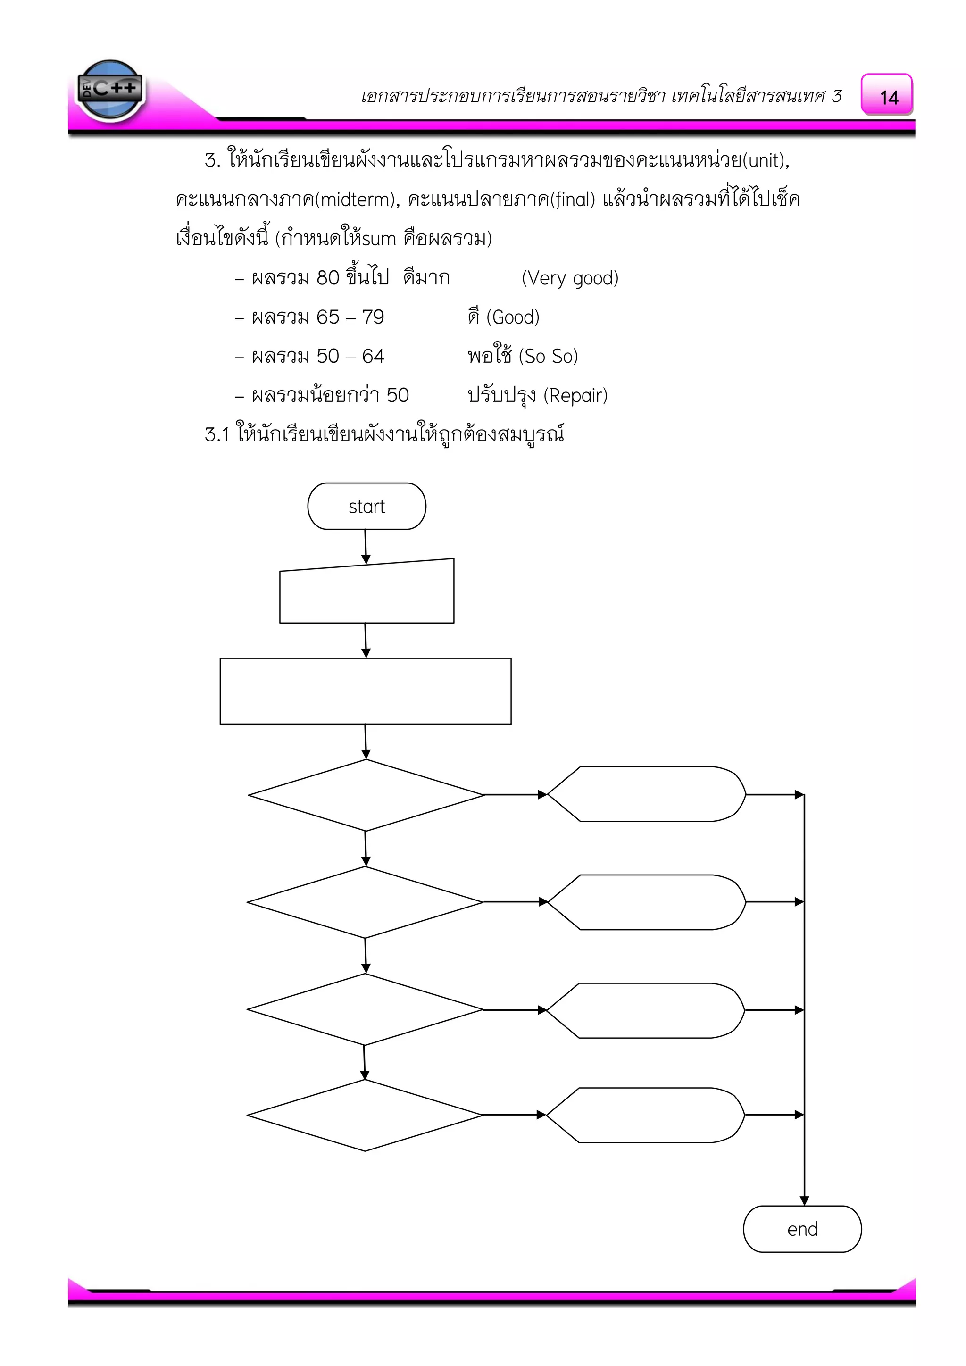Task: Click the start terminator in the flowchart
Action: click(366, 506)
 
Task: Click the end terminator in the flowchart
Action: click(802, 1229)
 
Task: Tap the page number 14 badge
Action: click(887, 95)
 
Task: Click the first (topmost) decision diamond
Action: click(366, 795)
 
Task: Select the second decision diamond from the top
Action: click(365, 902)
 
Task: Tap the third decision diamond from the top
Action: click(365, 1009)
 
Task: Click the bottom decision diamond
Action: click(365, 1115)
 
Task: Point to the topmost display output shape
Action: click(646, 794)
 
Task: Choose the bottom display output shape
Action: click(645, 1115)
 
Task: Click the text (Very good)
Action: click(570, 278)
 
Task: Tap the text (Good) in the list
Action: click(512, 317)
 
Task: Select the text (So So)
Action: click(548, 357)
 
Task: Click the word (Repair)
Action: click(575, 396)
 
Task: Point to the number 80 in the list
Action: click(328, 278)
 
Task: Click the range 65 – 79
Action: click(350, 317)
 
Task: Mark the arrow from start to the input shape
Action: click(366, 546)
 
